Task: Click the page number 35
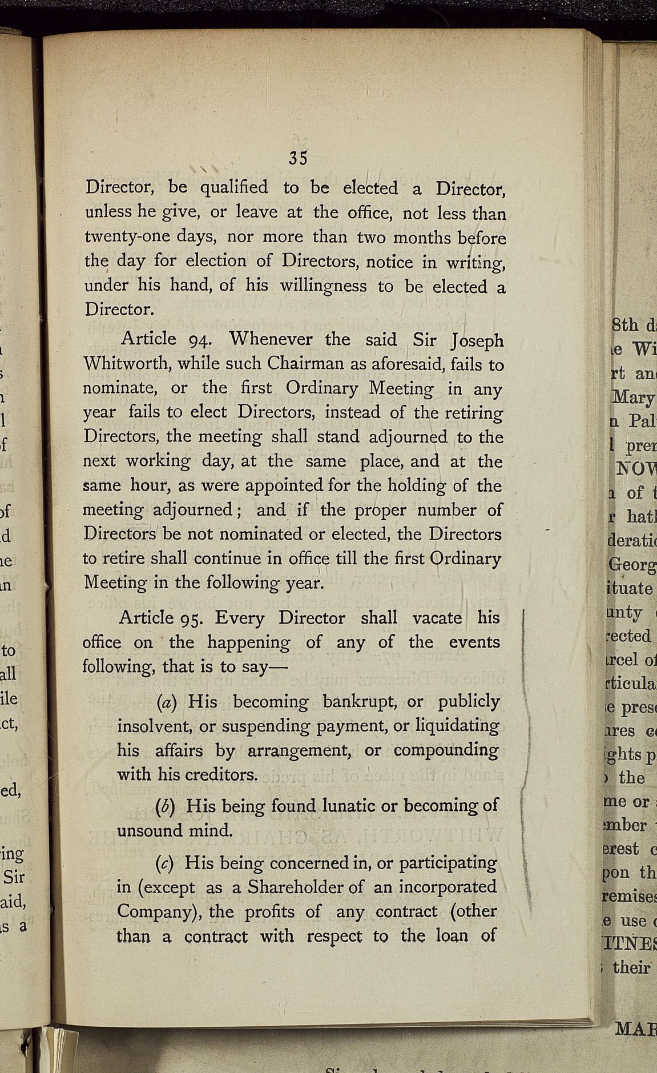[298, 158]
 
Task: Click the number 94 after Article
[200, 340]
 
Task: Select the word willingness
[323, 286]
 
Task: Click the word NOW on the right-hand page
[635, 469]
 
